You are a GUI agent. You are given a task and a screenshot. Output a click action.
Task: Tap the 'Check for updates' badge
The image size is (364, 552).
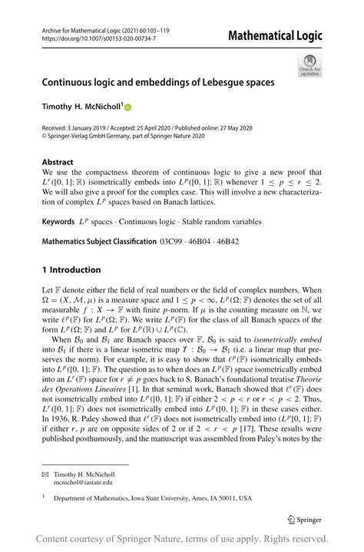(x=311, y=64)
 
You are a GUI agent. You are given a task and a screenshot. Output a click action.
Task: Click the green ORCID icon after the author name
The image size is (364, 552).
(x=127, y=108)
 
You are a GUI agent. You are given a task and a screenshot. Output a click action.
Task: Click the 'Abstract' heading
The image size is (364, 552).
(x=58, y=162)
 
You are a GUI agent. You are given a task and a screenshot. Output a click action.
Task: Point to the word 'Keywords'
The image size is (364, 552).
(x=61, y=221)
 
